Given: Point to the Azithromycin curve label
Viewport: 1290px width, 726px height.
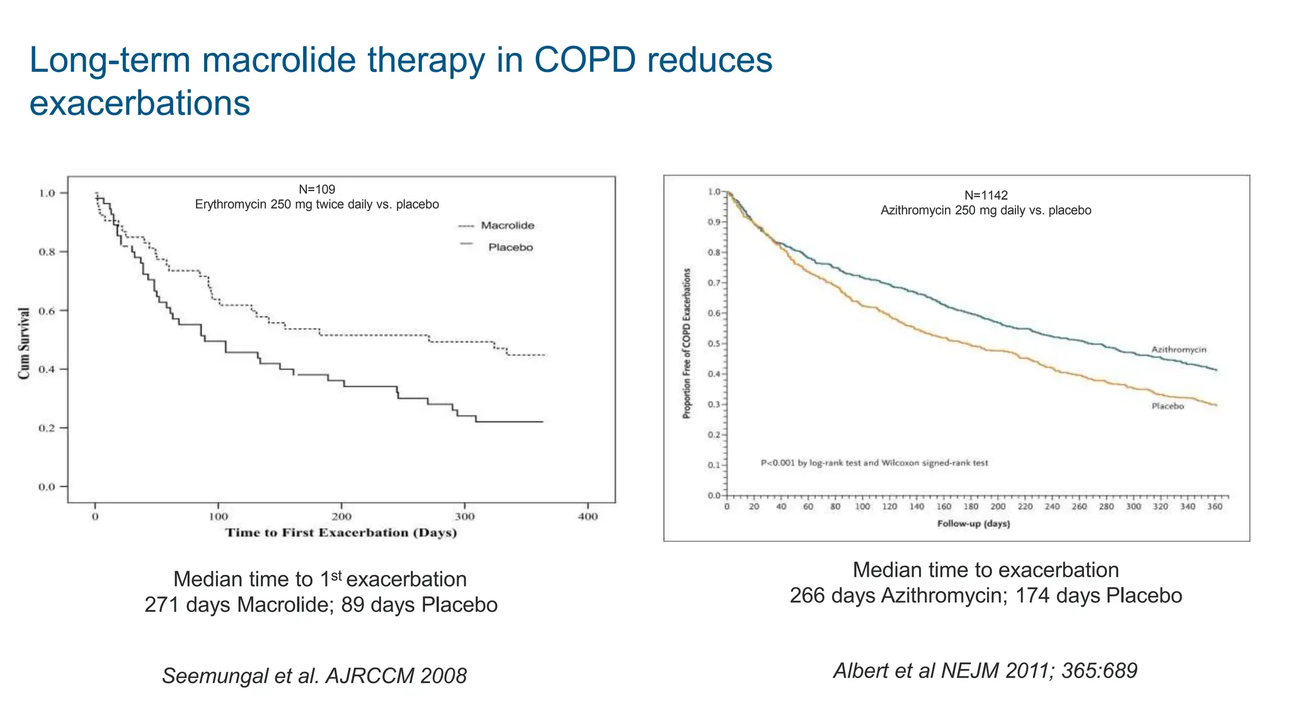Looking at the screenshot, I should (1179, 350).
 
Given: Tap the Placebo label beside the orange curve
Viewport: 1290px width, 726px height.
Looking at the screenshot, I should (1168, 406).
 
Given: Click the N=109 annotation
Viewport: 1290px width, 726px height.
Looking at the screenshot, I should (317, 189).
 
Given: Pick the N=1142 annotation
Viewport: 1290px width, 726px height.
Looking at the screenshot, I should (986, 195).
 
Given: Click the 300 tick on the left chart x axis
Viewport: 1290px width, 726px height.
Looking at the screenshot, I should (465, 517).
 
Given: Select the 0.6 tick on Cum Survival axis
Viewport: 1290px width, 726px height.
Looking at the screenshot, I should (47, 311).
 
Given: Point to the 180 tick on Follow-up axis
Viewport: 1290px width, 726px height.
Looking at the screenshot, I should (971, 507).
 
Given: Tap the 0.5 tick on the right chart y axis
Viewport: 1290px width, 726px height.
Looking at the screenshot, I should (714, 344).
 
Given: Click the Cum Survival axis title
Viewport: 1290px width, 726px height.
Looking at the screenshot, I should (24, 343).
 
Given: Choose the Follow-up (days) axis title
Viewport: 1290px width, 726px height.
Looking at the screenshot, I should (973, 524).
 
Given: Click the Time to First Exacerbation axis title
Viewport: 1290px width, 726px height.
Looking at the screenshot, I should (341, 533).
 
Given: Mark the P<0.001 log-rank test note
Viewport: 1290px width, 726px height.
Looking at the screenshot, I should (874, 463).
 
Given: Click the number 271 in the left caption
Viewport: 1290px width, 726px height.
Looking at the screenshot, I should (163, 605).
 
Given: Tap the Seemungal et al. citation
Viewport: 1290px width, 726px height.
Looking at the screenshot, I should (314, 676).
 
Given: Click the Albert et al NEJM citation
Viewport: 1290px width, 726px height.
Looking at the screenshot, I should (985, 671).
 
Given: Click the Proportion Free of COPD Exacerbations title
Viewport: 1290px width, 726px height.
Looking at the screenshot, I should (687, 343).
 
